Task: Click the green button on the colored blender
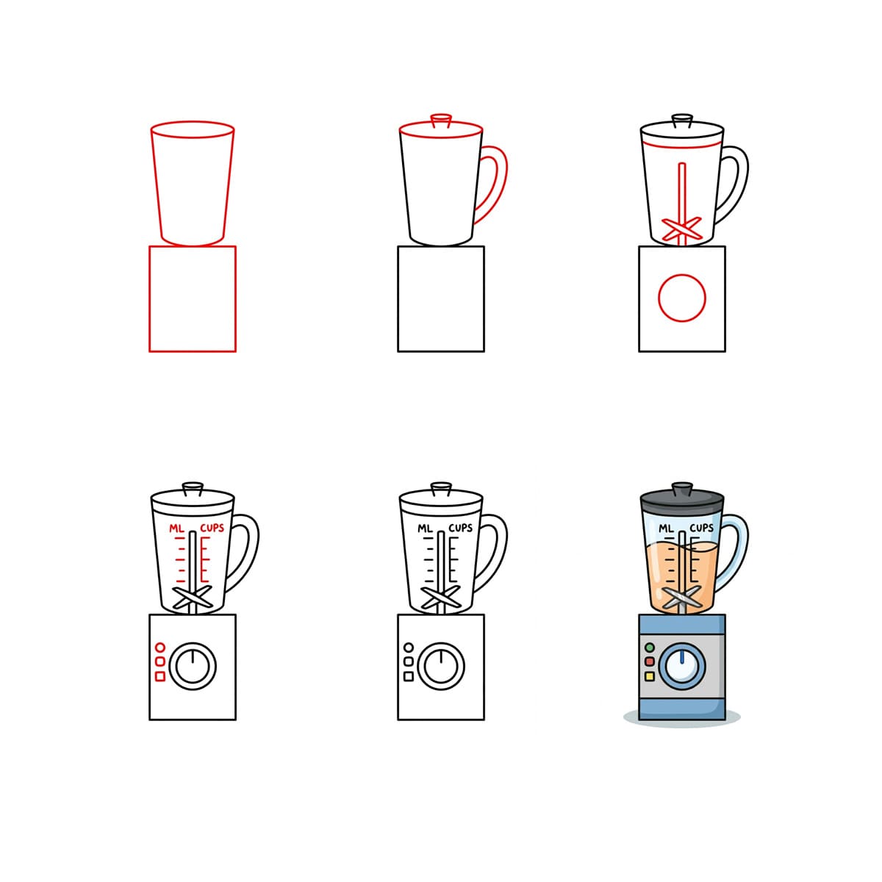click(x=650, y=648)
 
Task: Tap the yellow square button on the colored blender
click(x=650, y=675)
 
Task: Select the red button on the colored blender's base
click(x=650, y=661)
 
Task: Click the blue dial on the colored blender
click(x=682, y=666)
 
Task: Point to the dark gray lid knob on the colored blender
click(x=682, y=488)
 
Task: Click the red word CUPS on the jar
click(x=212, y=528)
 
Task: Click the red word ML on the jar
click(x=176, y=528)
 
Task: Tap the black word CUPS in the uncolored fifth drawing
click(x=460, y=528)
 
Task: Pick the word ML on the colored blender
click(x=666, y=528)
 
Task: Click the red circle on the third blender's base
click(x=682, y=298)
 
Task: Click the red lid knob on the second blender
click(x=441, y=120)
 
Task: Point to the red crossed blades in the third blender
click(x=682, y=229)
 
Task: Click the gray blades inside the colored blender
click(x=682, y=597)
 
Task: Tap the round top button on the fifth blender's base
click(x=409, y=648)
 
